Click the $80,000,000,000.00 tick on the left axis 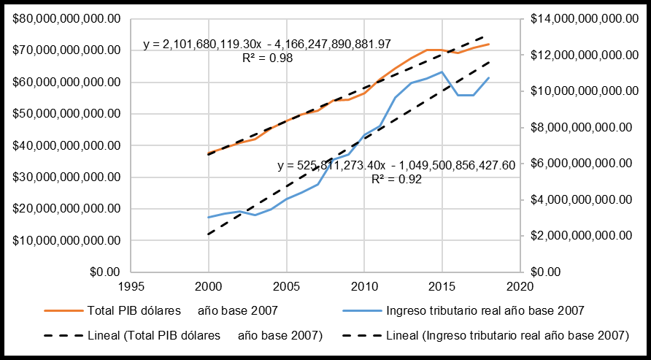click(66, 19)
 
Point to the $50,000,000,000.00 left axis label click(66, 114)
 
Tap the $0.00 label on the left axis click(107, 272)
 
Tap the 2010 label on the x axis click(364, 286)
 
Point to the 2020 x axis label click(520, 286)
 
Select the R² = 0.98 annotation click(267, 58)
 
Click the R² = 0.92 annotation click(396, 179)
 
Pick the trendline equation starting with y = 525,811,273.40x click(396, 166)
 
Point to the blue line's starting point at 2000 click(208, 218)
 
